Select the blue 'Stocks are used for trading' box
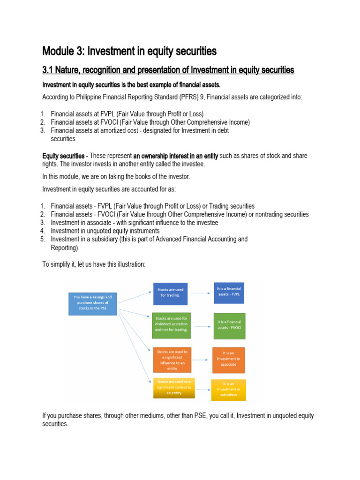click(x=170, y=292)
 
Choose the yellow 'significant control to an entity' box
click(x=174, y=388)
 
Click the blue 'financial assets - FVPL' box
click(x=228, y=292)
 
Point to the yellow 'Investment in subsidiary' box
click(x=228, y=389)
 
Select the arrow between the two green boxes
click(x=202, y=326)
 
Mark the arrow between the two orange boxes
click(x=202, y=360)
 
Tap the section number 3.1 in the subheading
click(x=49, y=70)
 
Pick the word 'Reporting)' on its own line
click(x=64, y=248)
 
